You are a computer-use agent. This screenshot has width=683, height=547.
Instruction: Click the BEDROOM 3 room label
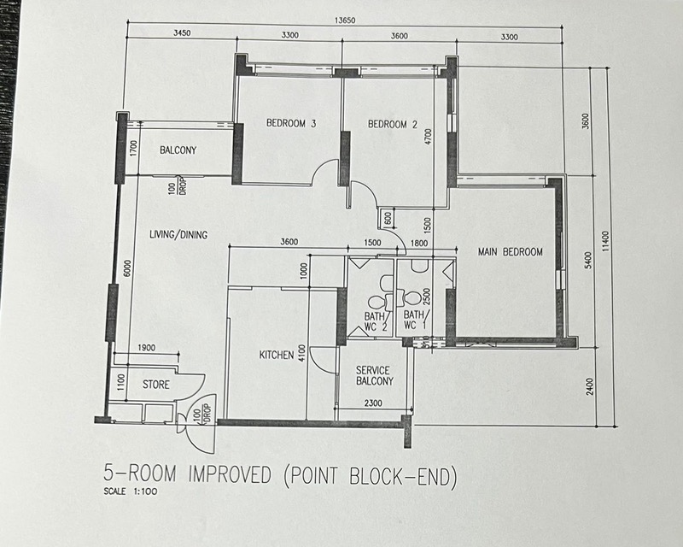point(291,123)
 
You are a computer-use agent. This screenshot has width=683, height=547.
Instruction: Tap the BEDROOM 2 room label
point(393,124)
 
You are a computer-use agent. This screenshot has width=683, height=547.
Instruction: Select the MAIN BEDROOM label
point(510,251)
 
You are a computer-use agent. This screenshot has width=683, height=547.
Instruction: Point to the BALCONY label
point(178,150)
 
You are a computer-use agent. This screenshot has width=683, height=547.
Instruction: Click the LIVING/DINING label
point(178,235)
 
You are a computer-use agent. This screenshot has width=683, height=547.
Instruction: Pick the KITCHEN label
point(277,355)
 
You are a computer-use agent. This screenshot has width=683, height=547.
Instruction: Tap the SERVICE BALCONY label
point(374,375)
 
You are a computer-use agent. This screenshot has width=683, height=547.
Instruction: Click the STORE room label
point(156,385)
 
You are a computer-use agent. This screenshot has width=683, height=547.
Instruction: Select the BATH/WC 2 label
point(376,321)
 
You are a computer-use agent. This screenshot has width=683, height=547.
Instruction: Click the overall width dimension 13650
point(345,20)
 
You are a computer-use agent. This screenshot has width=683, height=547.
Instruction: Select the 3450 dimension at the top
point(182,32)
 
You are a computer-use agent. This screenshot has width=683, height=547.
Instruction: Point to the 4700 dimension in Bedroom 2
point(429,137)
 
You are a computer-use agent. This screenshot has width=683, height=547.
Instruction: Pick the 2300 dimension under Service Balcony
point(373,403)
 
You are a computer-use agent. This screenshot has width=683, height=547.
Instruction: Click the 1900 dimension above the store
point(146,348)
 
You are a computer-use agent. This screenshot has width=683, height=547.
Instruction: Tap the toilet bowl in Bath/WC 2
point(377,301)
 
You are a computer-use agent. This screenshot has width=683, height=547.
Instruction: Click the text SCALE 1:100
point(131,491)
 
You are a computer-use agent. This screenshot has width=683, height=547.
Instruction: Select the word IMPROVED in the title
point(230,474)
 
